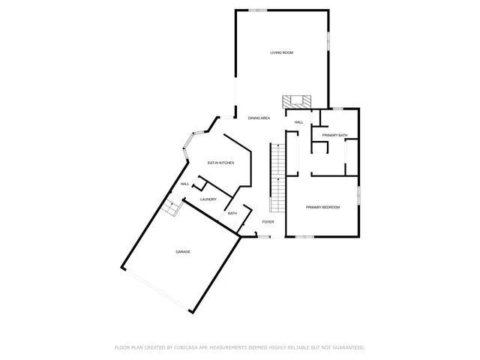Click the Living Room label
click(x=281, y=52)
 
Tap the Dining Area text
click(x=259, y=118)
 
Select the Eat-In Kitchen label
click(x=220, y=163)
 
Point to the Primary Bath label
click(x=334, y=135)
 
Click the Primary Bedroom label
click(x=322, y=207)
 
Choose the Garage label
click(x=183, y=252)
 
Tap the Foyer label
click(x=268, y=222)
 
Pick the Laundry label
click(x=208, y=199)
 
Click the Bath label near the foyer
click(x=232, y=214)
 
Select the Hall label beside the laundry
click(x=184, y=184)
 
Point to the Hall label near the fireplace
click(x=298, y=122)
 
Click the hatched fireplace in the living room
click(x=295, y=101)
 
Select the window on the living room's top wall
click(x=258, y=10)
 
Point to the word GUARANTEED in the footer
click(x=346, y=347)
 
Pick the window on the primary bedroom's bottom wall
click(x=303, y=238)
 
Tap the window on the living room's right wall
click(x=328, y=40)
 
